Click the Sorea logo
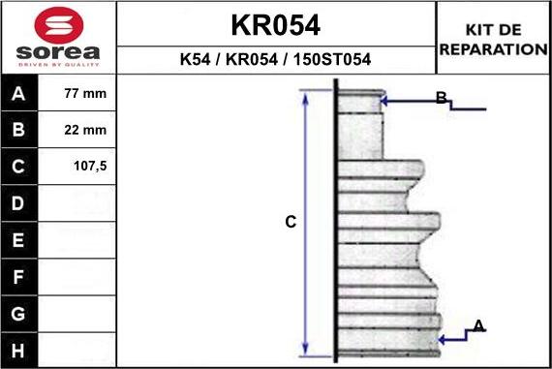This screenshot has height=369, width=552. tap(58, 37)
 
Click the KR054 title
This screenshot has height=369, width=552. tap(276, 24)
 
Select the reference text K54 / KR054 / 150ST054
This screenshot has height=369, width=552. tap(276, 59)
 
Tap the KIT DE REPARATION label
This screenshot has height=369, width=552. tap(493, 40)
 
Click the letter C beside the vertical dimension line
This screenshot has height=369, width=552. tap(290, 223)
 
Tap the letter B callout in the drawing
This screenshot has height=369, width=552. tap(441, 98)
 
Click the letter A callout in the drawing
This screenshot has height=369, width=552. tap(477, 325)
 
